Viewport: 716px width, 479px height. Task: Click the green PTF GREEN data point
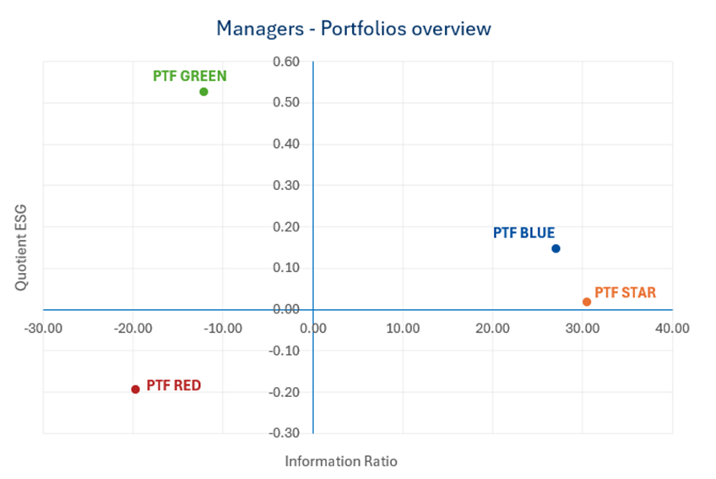tap(203, 91)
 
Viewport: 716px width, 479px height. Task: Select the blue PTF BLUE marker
tap(556, 248)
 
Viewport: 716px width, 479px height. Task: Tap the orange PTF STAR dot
tap(587, 302)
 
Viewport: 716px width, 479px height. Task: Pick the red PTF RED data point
tap(135, 389)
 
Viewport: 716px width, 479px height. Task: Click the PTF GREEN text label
tap(190, 76)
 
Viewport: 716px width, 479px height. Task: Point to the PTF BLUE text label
tap(523, 233)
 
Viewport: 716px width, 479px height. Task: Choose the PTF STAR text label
tap(625, 293)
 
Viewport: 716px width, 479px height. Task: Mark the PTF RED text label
tap(174, 385)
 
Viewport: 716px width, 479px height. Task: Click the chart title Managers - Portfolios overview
tap(353, 29)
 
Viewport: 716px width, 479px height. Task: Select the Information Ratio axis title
tap(340, 461)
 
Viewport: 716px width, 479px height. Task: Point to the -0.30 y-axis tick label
tap(285, 433)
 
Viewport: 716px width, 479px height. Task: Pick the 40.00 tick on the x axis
tap(672, 328)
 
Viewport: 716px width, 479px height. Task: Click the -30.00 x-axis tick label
tap(41, 328)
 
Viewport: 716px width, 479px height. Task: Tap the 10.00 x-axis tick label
tap(402, 328)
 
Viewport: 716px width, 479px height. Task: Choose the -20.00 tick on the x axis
tap(132, 328)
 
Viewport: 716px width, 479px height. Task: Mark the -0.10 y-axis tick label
tap(285, 351)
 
